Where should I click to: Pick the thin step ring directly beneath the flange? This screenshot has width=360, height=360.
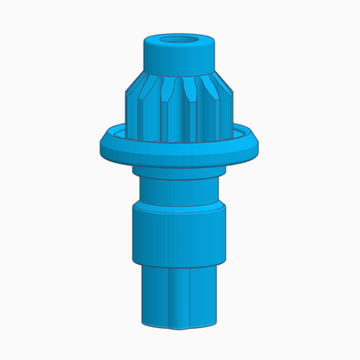pyautogui.click(x=179, y=173)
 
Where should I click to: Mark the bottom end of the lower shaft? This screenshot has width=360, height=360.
pyautogui.click(x=180, y=326)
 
